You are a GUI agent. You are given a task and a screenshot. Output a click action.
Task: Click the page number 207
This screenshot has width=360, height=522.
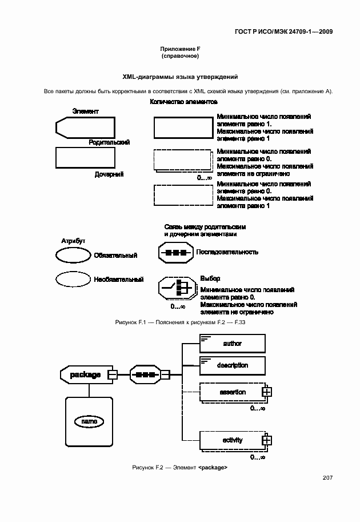pyautogui.click(x=327, y=478)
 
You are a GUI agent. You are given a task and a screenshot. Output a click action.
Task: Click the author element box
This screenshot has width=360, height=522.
pyautogui.click(x=232, y=344)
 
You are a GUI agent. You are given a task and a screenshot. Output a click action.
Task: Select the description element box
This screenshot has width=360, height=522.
pyautogui.click(x=232, y=365)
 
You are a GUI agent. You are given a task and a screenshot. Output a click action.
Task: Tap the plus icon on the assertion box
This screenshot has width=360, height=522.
pyautogui.click(x=266, y=392)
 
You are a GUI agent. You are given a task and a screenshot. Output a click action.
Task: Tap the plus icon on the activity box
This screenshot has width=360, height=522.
pyautogui.click(x=266, y=440)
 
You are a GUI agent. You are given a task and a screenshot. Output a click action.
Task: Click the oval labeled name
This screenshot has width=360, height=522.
pyautogui.click(x=89, y=421)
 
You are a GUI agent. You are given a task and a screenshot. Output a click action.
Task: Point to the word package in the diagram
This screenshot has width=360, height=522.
pyautogui.click(x=85, y=374)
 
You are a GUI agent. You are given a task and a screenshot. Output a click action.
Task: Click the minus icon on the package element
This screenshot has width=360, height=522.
pyautogui.click(x=113, y=374)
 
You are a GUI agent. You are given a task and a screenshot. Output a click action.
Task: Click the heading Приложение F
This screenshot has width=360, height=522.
pyautogui.click(x=179, y=50)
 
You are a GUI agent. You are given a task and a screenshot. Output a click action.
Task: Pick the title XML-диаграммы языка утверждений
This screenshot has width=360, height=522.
pyautogui.click(x=180, y=77)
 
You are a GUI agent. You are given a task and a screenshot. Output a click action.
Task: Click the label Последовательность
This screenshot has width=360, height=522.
pyautogui.click(x=227, y=252)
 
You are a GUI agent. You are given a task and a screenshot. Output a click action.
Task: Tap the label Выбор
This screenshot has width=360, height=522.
pyautogui.click(x=210, y=278)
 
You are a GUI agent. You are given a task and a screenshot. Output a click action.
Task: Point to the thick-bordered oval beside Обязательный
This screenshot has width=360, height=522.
pyautogui.click(x=73, y=255)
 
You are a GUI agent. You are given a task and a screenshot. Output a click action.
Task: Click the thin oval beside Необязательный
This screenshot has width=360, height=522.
pyautogui.click(x=73, y=279)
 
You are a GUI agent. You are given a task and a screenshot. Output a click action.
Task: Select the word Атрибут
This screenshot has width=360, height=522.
pyautogui.click(x=73, y=241)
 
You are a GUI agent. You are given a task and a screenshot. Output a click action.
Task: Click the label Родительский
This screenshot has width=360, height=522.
pyautogui.click(x=109, y=142)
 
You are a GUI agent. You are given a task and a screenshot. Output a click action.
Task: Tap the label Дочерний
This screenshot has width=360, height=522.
pyautogui.click(x=109, y=174)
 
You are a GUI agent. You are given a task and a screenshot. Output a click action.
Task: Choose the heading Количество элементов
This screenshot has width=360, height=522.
pyautogui.click(x=183, y=102)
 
